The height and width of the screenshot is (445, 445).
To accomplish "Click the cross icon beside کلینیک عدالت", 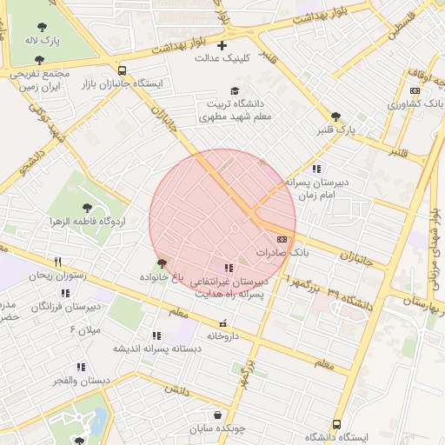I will coord(222,44).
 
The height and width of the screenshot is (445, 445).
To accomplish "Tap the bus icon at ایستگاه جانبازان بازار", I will coord(122,71).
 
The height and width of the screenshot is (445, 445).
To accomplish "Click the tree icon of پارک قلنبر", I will coord(336,116).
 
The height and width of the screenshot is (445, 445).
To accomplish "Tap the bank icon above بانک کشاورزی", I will coord(415,90).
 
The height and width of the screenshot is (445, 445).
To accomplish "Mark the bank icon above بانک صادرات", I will coord(282,238).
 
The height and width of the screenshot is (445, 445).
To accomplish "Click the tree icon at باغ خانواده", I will coord(162,262).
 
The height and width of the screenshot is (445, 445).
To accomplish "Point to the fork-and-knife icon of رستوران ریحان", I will coord(58,261).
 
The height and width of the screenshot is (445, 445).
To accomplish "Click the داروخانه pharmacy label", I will coord(223,335).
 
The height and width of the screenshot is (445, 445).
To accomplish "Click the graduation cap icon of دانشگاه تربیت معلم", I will coord(235,90).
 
